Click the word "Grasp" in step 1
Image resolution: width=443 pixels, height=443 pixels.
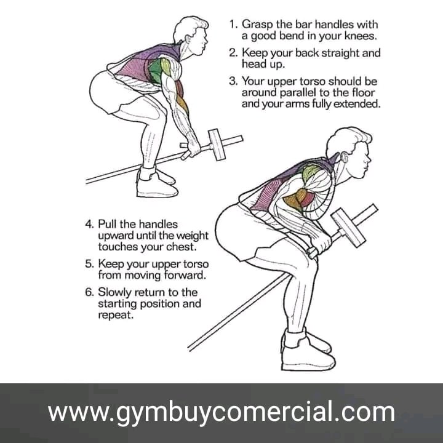pos(258,25)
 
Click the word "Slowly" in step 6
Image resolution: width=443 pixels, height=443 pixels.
pos(114,292)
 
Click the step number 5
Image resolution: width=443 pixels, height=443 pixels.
pos(89,264)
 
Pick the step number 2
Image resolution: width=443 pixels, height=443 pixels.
pos(233,53)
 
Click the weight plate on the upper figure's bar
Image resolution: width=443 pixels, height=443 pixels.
pos(217,145)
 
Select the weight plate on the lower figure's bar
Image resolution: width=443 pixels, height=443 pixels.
pos(348,228)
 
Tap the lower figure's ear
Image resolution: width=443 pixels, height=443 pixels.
pos(345,157)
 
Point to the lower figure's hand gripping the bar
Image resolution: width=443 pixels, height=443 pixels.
pos(321,245)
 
